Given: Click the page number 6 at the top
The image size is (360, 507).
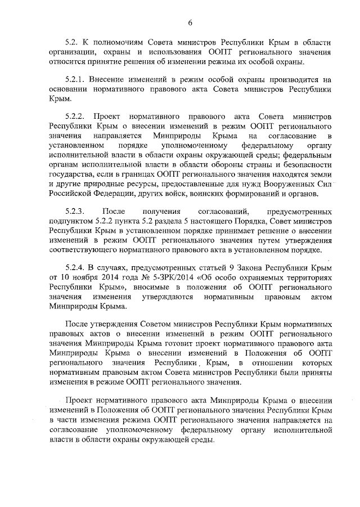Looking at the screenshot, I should tap(190, 23).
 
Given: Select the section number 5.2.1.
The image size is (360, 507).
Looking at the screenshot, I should tap(77, 80).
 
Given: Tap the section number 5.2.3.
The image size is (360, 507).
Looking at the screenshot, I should tap(76, 212).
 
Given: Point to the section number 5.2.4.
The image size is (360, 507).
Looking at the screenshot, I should tap(77, 267).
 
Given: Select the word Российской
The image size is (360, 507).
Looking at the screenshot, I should tap(73, 194).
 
